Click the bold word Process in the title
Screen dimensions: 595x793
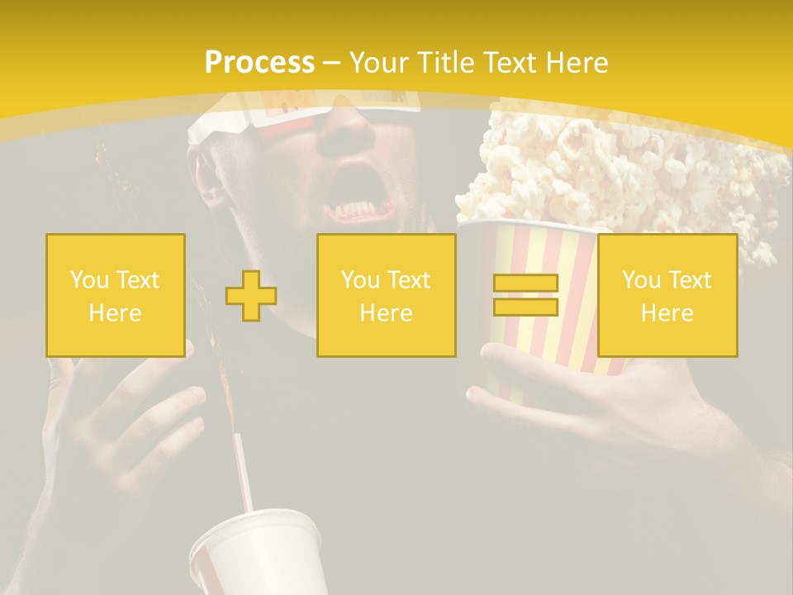pyautogui.click(x=259, y=63)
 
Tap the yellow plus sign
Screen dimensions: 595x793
pyautogui.click(x=251, y=296)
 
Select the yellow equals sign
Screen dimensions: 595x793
pyautogui.click(x=525, y=296)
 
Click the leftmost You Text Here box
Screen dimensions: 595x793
pyautogui.click(x=116, y=295)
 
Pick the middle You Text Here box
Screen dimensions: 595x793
pyautogui.click(x=386, y=295)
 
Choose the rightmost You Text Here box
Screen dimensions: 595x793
pyautogui.click(x=667, y=295)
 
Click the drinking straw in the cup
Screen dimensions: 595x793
pyautogui.click(x=243, y=471)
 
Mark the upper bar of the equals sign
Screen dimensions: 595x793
pyautogui.click(x=525, y=283)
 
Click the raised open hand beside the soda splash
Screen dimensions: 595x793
pyautogui.click(x=116, y=413)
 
